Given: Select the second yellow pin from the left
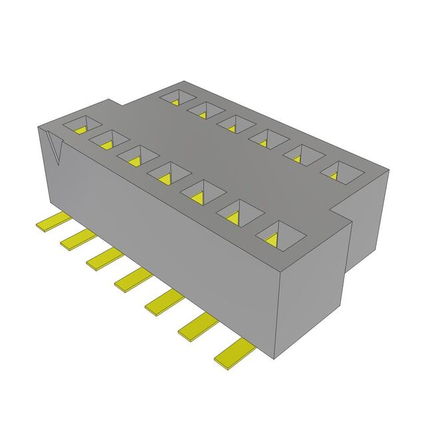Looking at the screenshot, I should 75,238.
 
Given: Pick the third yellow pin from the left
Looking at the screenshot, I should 102,257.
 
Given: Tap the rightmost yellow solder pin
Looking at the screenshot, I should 233,352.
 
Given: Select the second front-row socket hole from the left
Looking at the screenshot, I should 109,140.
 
